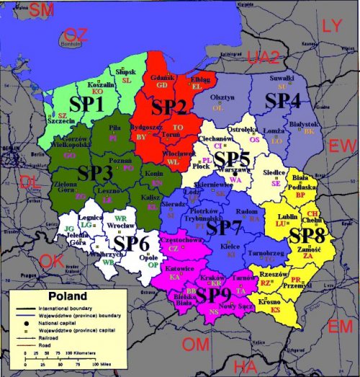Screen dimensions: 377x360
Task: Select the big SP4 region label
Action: (283, 101)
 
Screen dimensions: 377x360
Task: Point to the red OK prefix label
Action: (52, 261)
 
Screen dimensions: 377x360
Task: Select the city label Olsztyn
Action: (221, 97)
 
